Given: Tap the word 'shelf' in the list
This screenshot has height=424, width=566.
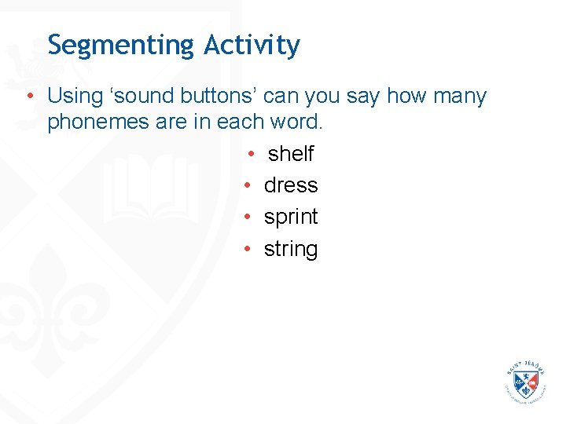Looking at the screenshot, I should tap(291, 153).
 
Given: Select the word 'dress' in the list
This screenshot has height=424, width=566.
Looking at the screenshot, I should tap(291, 185).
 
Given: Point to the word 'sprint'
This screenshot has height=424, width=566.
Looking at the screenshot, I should tap(291, 217).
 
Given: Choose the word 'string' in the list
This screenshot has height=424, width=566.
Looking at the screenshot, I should tap(291, 250).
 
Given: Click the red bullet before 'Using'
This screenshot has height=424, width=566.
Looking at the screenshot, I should tap(28, 97).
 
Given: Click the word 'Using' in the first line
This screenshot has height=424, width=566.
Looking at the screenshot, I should tap(75, 97).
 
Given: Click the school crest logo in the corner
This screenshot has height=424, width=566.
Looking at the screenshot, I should tap(526, 382).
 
